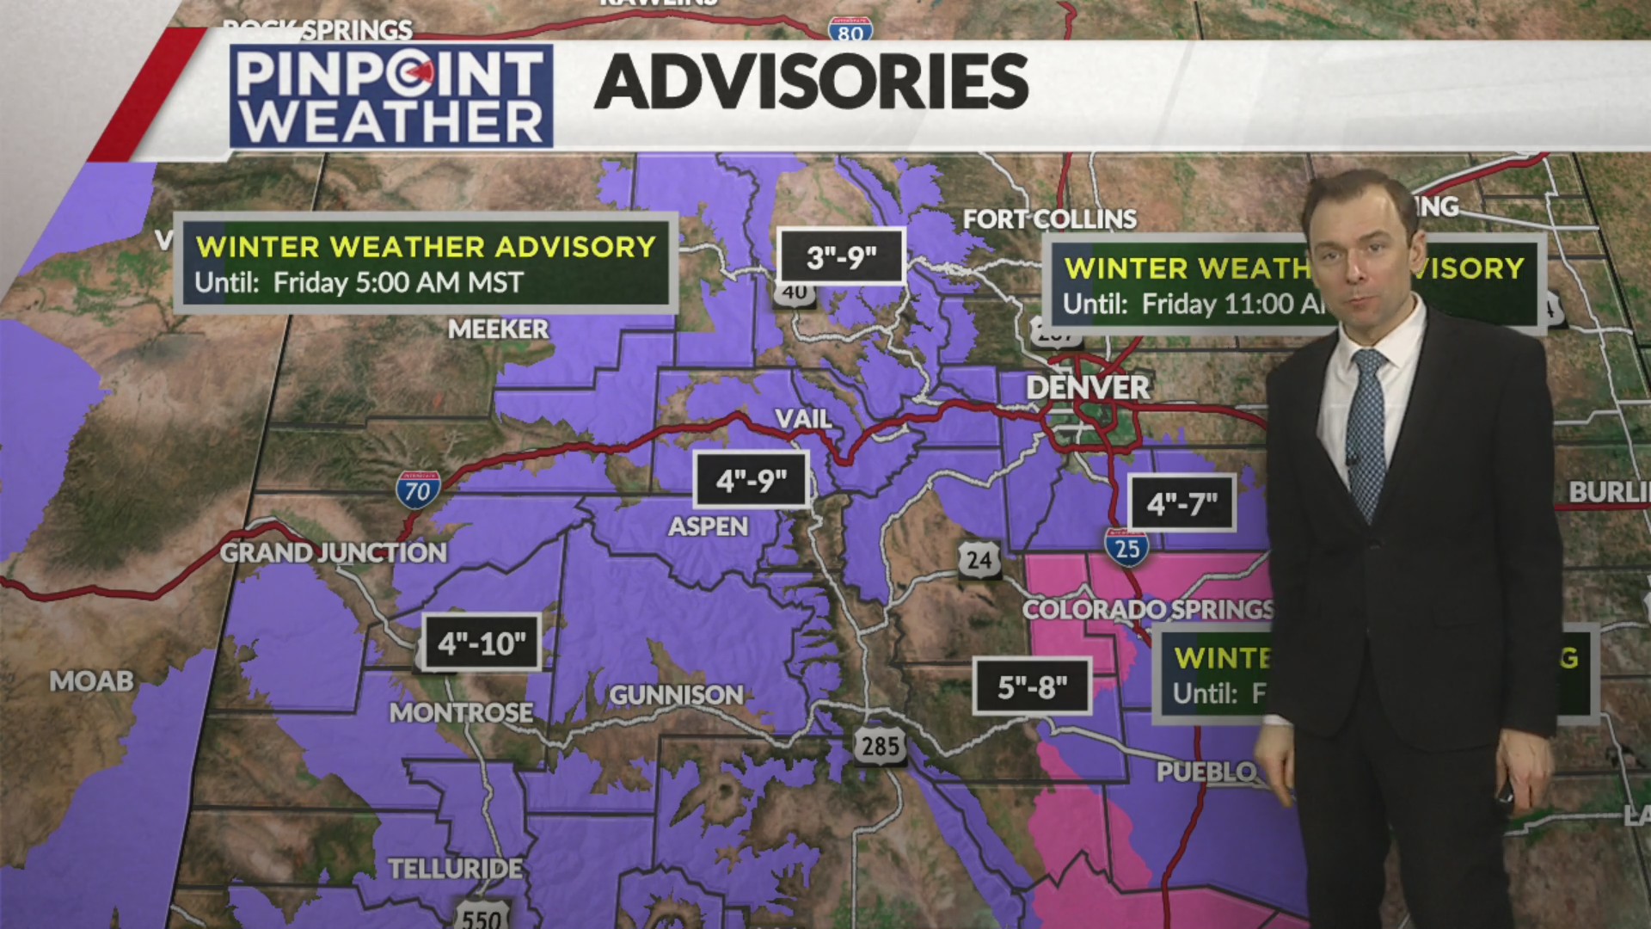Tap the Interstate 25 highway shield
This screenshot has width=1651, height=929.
(1126, 547)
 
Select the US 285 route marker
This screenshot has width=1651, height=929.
(881, 744)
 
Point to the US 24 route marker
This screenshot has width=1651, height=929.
(979, 560)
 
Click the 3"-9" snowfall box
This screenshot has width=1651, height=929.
(841, 256)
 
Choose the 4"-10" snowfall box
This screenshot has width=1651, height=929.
(482, 643)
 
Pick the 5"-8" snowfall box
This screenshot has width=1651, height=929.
(1032, 686)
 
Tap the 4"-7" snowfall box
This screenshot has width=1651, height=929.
(1181, 503)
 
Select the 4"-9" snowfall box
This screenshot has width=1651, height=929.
(751, 480)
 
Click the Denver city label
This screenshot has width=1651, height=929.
(1088, 388)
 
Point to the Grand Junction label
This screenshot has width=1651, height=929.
(334, 552)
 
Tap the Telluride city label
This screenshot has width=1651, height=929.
(455, 869)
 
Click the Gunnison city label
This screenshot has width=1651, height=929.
(676, 695)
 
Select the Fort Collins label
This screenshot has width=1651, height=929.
(1049, 219)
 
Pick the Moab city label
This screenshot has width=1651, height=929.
(91, 681)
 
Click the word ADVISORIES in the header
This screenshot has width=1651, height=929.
(811, 83)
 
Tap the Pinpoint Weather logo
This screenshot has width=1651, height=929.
(391, 96)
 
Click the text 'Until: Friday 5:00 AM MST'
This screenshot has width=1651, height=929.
(359, 283)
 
